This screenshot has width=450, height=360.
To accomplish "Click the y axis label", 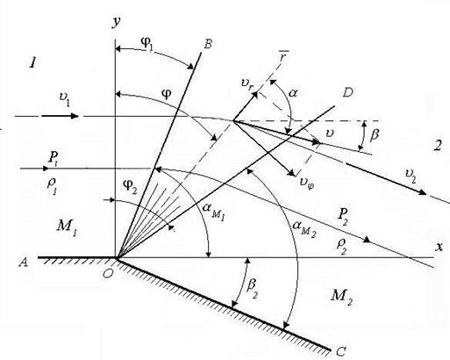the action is click(117, 23).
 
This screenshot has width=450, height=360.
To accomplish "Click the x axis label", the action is click(439, 248).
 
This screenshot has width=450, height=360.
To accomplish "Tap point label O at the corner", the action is click(108, 273).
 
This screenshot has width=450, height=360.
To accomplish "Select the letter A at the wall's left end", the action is click(24, 262).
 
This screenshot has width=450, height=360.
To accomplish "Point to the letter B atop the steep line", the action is click(208, 44).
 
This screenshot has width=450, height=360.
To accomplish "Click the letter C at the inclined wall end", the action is click(341, 351).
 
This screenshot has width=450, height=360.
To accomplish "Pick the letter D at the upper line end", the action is click(347, 92).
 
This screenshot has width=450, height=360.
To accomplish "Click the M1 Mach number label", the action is click(67, 227).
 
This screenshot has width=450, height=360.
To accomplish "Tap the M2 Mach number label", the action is click(341, 296).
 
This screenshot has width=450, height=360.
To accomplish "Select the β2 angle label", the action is click(253, 288).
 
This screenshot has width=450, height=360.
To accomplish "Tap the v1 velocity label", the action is click(64, 99).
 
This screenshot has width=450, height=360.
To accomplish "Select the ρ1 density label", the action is click(52, 186).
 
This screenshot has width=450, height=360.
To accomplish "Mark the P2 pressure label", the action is click(343, 216).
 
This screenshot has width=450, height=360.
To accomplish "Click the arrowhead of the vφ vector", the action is click(292, 173).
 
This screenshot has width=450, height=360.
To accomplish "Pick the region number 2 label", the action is click(438, 146).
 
